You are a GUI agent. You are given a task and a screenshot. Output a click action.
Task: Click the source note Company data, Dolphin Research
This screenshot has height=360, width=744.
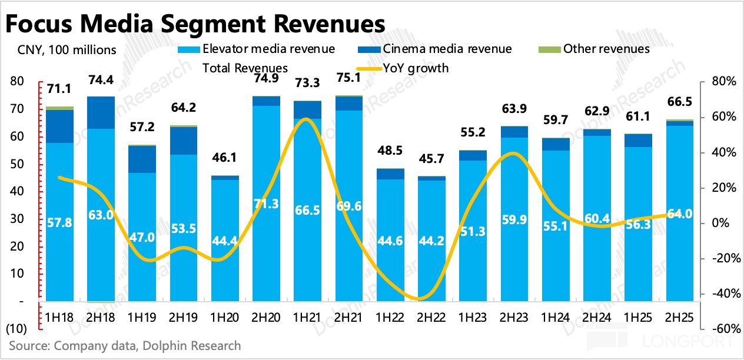click(125, 345)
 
